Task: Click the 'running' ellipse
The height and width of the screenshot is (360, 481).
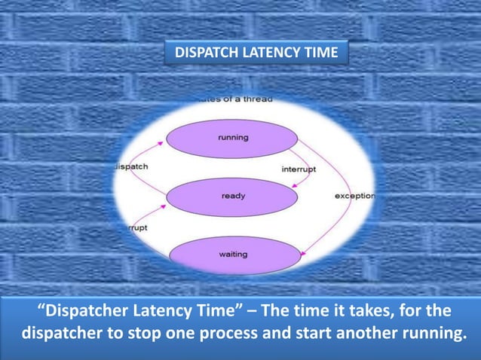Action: pyautogui.click(x=232, y=139)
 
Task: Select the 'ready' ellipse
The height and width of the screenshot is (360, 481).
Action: pyautogui.click(x=232, y=197)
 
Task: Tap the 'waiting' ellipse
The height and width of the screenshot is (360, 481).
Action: pyautogui.click(x=232, y=255)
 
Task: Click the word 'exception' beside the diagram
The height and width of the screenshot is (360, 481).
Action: pyautogui.click(x=354, y=197)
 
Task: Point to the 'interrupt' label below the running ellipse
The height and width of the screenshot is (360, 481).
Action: pyautogui.click(x=299, y=169)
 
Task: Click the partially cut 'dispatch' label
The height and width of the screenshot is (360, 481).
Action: pyautogui.click(x=131, y=166)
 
